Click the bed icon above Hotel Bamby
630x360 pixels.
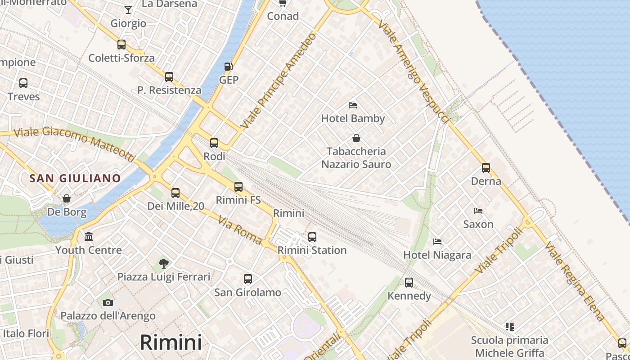tap(353, 105)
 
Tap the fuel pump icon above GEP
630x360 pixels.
tap(229, 67)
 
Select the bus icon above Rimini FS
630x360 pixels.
tap(238, 186)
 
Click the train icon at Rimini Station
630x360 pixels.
tap(312, 237)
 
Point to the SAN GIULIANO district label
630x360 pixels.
tap(75, 178)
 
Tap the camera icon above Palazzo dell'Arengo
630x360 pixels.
tap(108, 302)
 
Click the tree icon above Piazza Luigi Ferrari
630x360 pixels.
tap(164, 263)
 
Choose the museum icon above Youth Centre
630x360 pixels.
tap(89, 237)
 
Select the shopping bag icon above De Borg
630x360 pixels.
tap(67, 198)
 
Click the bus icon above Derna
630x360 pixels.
tap(486, 168)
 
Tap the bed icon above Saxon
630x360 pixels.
tap(478, 211)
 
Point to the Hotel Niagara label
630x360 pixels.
tap(437, 255)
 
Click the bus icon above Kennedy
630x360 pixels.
tap(409, 283)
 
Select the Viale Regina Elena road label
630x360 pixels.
tap(575, 282)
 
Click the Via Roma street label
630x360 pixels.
tap(240, 230)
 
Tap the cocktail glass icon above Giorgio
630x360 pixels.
tap(128, 10)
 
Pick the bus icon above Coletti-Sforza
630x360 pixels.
tap(121, 45)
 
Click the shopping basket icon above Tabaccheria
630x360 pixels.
tap(356, 138)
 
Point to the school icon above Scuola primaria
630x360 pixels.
tap(509, 326)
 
